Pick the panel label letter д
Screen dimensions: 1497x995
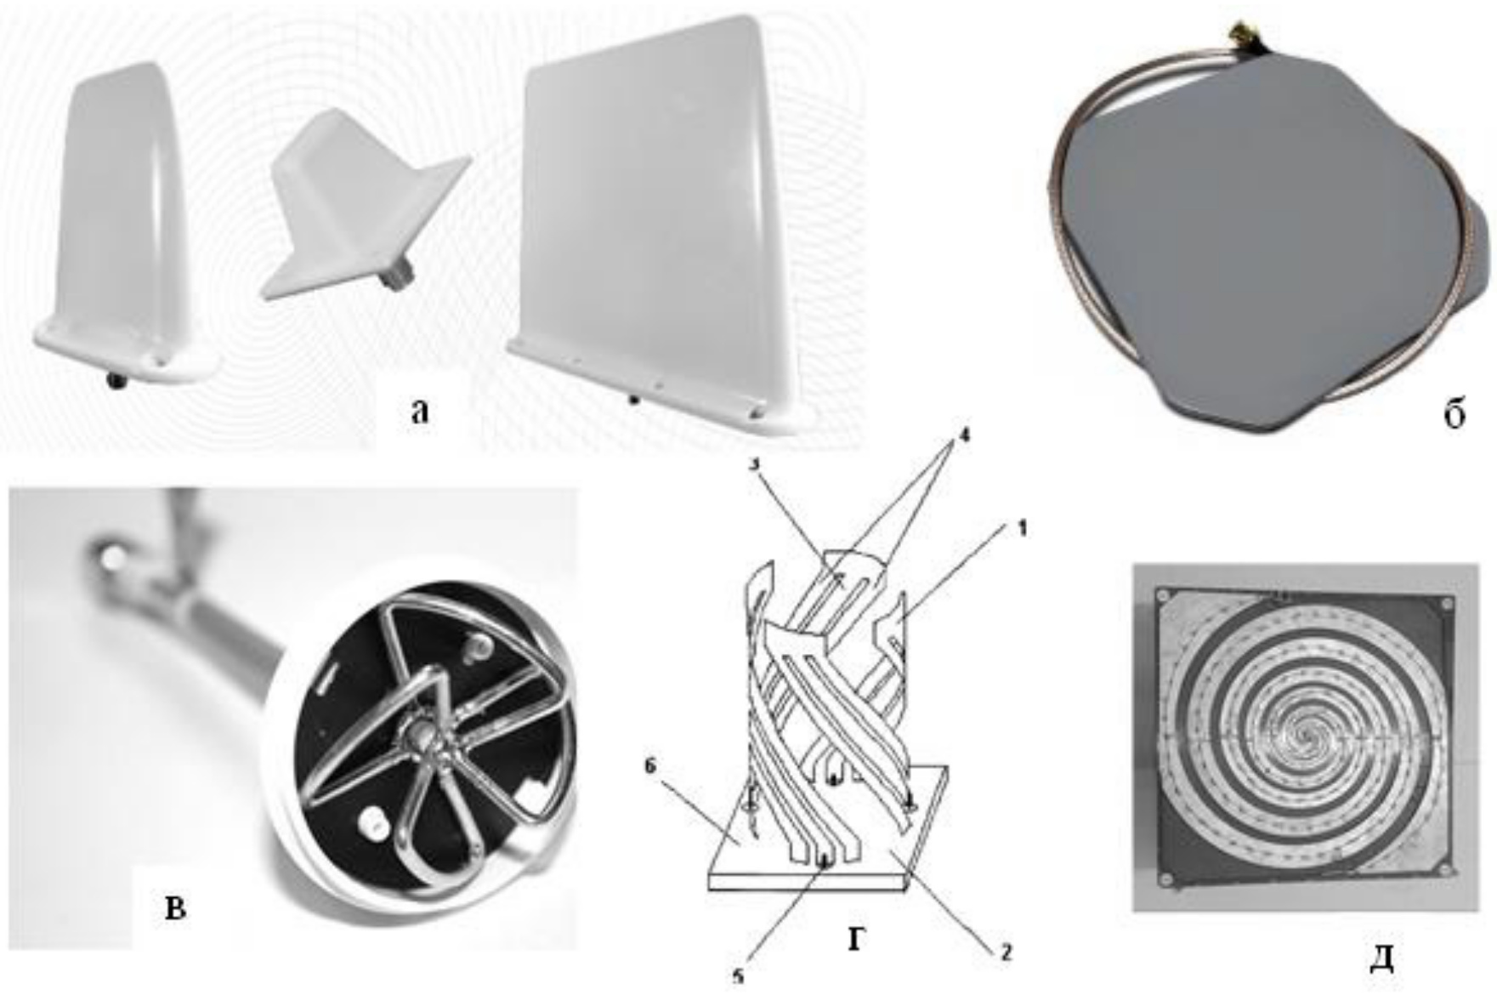[x=1382, y=958]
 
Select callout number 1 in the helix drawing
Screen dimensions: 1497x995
[x=1022, y=529]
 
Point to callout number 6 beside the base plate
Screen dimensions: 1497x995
[x=649, y=766]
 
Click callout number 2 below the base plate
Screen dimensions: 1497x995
[x=1006, y=953]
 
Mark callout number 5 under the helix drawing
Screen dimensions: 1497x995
[x=738, y=977]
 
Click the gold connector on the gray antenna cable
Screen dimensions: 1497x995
[x=1233, y=35]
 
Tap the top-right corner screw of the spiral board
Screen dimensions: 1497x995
[x=1446, y=604]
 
